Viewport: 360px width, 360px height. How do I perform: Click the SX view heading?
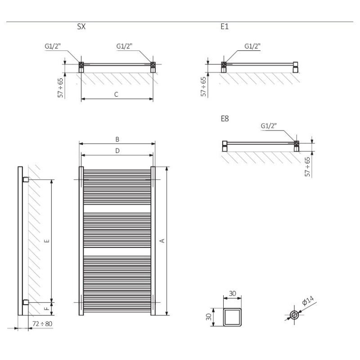click(x=81, y=27)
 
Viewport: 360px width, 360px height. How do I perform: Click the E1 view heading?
click(x=225, y=27)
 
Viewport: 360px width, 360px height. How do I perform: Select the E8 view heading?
click(x=225, y=118)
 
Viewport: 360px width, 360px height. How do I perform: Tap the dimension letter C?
click(x=116, y=94)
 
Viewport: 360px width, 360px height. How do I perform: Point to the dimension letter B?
click(x=117, y=139)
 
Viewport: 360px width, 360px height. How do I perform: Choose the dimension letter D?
click(x=117, y=151)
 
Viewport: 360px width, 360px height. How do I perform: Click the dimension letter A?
click(x=162, y=241)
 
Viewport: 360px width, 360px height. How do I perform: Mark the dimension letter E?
click(x=47, y=241)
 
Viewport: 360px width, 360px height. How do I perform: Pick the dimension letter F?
click(x=47, y=308)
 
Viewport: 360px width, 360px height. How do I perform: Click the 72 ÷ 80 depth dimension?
click(x=42, y=324)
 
